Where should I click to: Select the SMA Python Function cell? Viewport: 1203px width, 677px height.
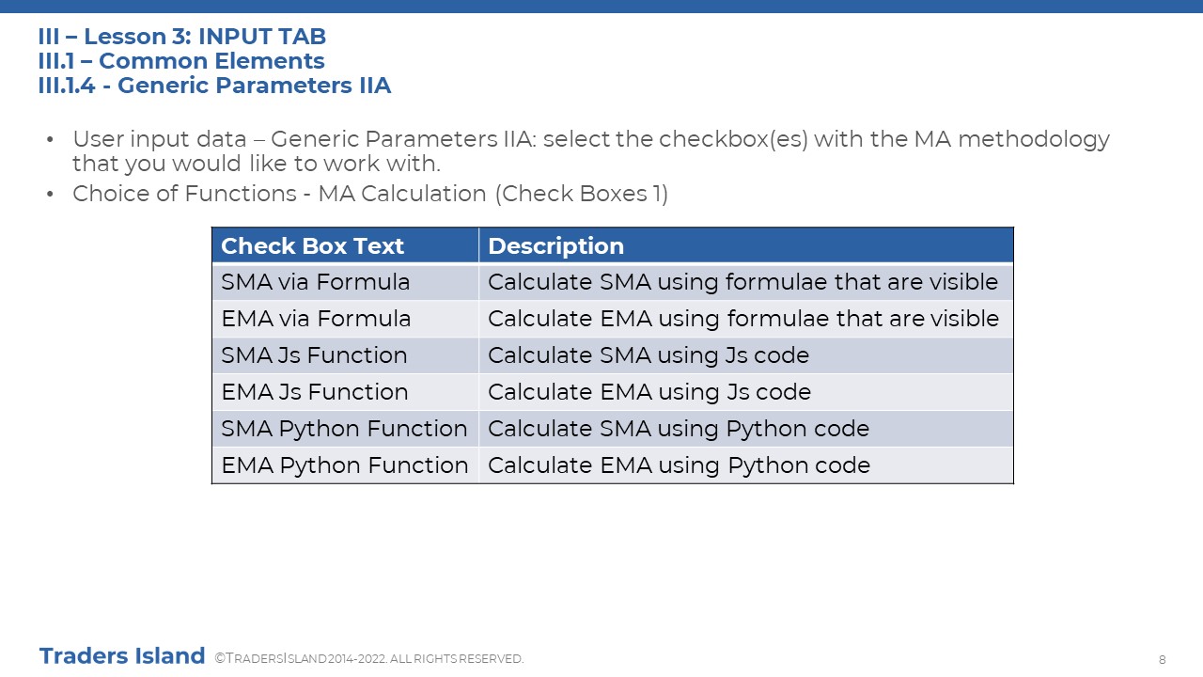(344, 429)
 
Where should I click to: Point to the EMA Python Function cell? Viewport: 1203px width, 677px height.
(345, 465)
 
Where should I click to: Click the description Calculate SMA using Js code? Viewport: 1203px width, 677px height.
(648, 355)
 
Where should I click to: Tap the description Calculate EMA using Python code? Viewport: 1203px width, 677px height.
(679, 465)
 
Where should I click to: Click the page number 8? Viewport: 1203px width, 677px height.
(1163, 660)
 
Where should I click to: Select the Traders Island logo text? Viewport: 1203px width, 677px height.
(122, 656)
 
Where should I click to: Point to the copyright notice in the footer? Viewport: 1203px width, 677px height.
(369, 658)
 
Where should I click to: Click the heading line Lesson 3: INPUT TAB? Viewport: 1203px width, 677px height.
(182, 37)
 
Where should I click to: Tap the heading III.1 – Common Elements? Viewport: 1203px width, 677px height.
(181, 61)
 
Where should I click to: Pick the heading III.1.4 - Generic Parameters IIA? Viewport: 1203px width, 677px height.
(215, 86)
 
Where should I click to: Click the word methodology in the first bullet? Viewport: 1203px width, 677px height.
(1034, 140)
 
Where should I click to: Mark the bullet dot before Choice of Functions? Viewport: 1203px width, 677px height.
(50, 194)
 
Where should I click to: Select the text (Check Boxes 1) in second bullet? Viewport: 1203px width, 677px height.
(582, 194)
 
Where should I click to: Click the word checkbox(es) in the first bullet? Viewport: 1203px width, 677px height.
(733, 139)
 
